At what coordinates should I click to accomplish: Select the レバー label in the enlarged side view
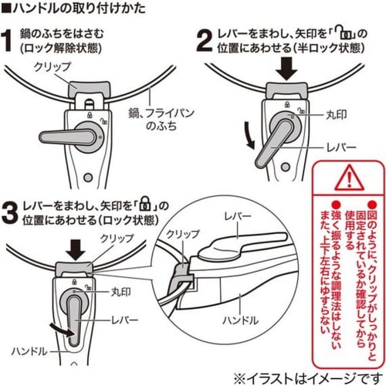pyautogui.click(x=235, y=220)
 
